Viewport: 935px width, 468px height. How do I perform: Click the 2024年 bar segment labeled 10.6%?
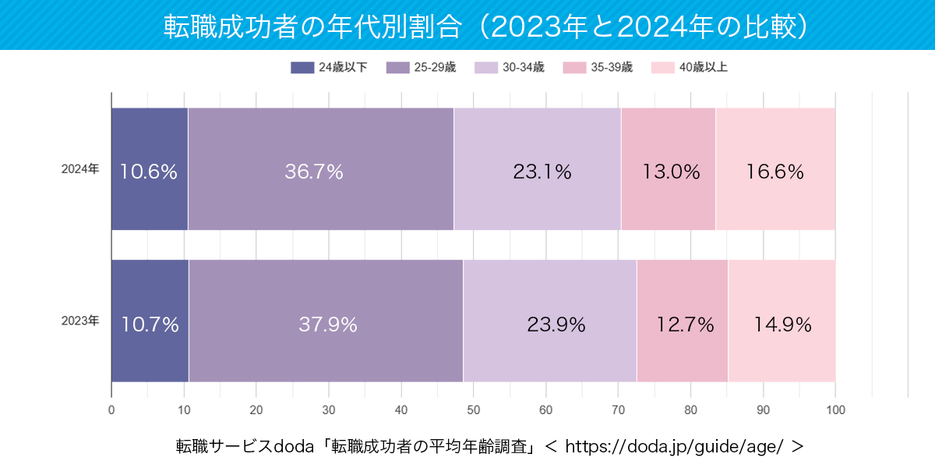[x=150, y=169]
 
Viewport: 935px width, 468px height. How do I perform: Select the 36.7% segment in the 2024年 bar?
[x=320, y=169]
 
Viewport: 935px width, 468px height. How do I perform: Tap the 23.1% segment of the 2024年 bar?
[x=537, y=169]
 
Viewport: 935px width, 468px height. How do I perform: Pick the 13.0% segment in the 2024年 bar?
[x=668, y=169]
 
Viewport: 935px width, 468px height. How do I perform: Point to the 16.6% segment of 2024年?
[x=774, y=169]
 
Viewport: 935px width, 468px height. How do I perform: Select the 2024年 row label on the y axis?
[x=80, y=168]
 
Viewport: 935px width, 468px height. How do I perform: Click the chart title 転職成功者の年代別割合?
[x=312, y=26]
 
